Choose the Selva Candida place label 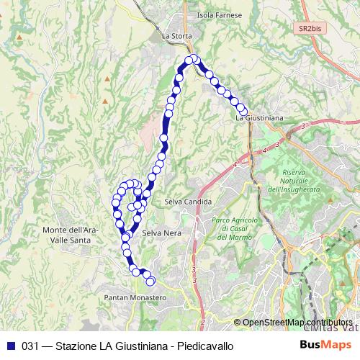[187, 202]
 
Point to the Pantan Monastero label [135, 297]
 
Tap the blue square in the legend [11, 346]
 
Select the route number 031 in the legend [31, 346]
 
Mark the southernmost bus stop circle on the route [150, 280]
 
